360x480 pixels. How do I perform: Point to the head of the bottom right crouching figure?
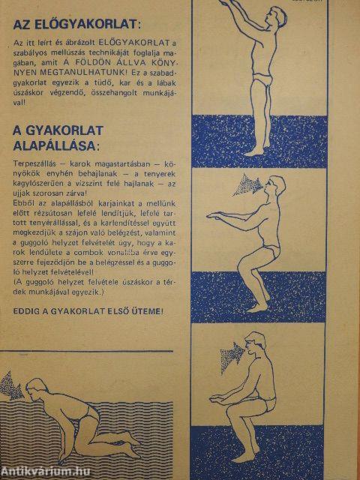coord(265,352)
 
